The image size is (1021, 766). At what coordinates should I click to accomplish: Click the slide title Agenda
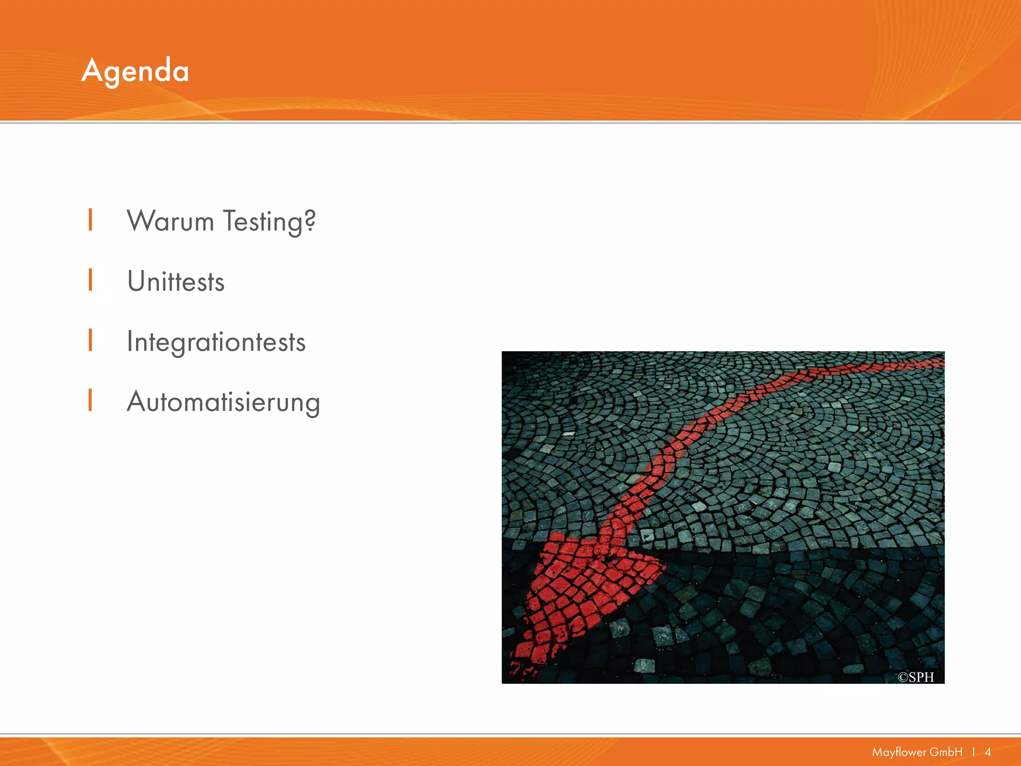tap(135, 71)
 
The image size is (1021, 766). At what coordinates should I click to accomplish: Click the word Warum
tap(170, 221)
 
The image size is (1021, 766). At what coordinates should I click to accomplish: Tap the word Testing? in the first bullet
tap(269, 222)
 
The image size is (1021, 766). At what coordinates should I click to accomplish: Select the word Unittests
tap(176, 281)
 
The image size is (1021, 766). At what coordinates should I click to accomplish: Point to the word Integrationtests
tap(216, 342)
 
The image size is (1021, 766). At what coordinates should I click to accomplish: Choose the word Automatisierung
tap(223, 402)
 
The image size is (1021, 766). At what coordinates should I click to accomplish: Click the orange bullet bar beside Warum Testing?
tap(90, 220)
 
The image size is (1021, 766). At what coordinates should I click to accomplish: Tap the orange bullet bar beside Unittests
tap(90, 280)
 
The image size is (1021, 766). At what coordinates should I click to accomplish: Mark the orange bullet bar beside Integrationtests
tap(90, 340)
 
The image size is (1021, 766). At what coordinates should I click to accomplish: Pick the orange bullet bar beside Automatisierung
tap(90, 400)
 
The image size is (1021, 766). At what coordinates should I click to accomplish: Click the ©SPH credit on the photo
tap(915, 677)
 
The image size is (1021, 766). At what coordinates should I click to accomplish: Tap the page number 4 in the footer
tap(988, 752)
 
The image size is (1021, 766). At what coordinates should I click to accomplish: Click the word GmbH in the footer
tap(946, 752)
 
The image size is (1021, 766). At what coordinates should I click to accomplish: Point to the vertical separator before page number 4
tap(974, 752)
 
